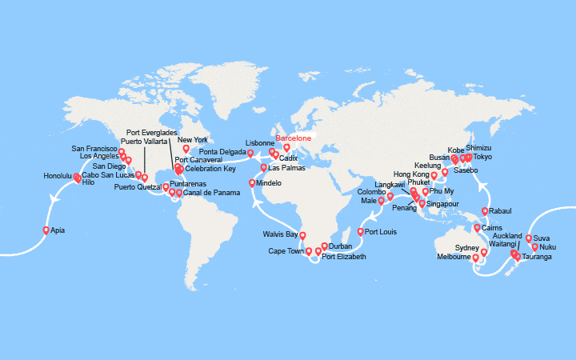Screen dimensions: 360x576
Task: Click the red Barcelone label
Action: [293, 138]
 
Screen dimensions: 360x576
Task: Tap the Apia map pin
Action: [46, 230]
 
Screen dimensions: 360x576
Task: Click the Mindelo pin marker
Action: [253, 183]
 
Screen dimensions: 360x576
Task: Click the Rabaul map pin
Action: [485, 211]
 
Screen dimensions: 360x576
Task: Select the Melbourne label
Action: [453, 257]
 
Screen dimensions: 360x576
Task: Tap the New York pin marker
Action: [186, 148]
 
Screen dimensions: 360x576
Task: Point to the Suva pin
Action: [529, 238]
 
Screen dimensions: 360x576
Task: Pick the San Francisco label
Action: [94, 149]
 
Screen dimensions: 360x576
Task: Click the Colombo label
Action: [371, 192]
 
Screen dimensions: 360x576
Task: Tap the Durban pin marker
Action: [324, 246]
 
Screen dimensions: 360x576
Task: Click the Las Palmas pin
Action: [265, 167]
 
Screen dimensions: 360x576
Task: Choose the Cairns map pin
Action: [478, 228]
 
